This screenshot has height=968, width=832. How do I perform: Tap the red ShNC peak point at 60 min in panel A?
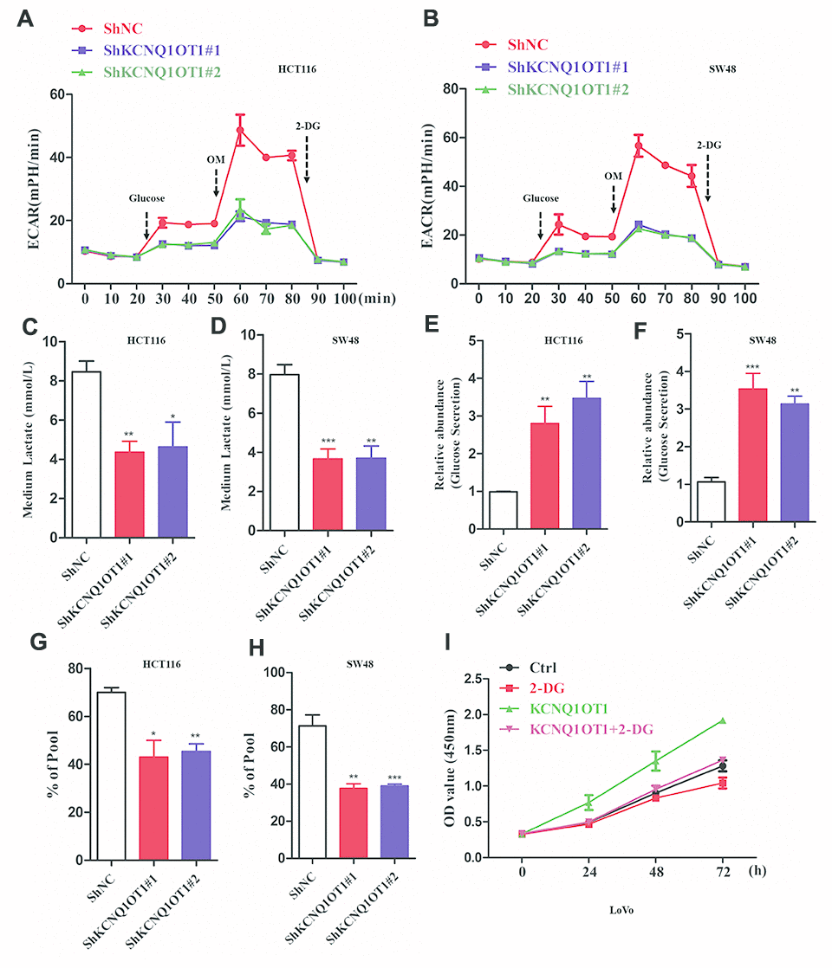pos(240,131)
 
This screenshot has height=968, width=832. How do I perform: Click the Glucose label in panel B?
pos(540,198)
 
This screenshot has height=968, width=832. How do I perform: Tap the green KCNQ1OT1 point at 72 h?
pos(722,720)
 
